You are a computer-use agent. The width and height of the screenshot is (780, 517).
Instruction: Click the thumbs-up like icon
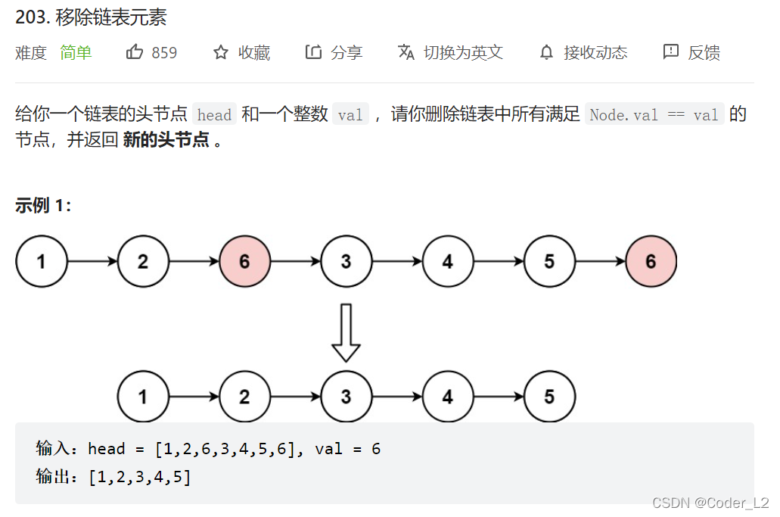coord(135,52)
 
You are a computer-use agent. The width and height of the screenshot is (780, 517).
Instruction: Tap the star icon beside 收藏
coord(221,52)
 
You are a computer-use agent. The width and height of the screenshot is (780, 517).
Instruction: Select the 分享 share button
coord(334,52)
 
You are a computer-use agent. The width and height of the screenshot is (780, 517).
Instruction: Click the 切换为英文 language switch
coord(451,52)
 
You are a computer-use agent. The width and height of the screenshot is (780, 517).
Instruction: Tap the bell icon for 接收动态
coord(546,52)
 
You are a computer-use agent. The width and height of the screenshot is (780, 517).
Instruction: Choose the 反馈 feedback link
coord(691,52)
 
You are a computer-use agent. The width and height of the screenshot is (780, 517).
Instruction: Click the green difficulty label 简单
coord(76,52)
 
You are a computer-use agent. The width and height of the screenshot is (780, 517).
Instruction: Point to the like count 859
coord(164,52)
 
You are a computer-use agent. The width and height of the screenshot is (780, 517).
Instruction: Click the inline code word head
coord(214,115)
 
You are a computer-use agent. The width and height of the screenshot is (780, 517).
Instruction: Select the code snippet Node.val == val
coord(654,115)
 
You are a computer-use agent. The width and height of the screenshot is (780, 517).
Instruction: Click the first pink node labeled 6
coord(244,262)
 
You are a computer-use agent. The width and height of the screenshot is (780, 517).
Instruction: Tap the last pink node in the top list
coord(651,262)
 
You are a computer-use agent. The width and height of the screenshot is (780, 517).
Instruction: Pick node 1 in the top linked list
coord(41,262)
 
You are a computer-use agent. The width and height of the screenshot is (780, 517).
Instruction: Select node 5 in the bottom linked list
coord(549,397)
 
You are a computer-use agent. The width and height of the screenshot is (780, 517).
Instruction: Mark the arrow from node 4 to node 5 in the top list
coord(499,262)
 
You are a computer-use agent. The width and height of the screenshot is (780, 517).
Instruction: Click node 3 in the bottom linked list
coord(346,397)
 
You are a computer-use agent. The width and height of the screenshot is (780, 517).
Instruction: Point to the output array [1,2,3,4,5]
coord(139,478)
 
